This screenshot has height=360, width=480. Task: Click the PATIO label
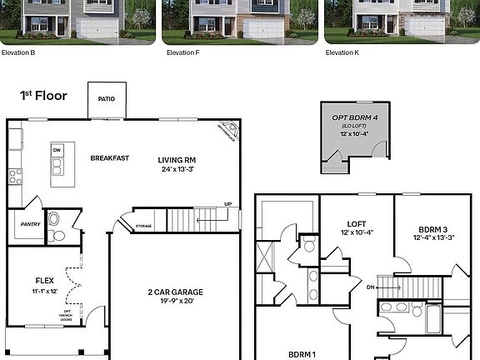tap(107, 99)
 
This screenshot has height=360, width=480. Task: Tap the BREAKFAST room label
tap(109, 157)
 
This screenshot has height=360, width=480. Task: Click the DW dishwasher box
tap(57, 150)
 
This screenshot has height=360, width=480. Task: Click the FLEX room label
tap(44, 281)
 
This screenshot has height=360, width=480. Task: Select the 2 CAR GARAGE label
tap(176, 292)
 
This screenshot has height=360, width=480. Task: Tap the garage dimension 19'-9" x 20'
tap(176, 302)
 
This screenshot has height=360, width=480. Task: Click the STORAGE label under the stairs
tap(143, 226)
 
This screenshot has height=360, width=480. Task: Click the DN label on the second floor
tap(369, 287)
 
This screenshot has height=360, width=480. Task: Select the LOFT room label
tap(357, 223)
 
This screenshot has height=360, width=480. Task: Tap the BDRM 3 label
tap(433, 228)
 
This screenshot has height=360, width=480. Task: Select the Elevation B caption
tap(18, 52)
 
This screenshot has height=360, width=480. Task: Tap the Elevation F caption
tap(182, 52)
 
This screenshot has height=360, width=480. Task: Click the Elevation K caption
tap(342, 52)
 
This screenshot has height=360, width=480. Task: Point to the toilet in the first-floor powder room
tap(54, 220)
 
